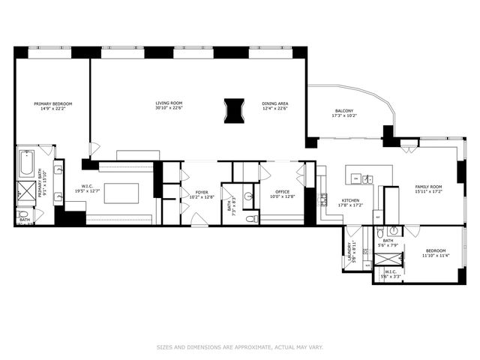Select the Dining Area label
(x=274, y=103)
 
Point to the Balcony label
(x=345, y=109)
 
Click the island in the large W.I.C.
(x=121, y=193)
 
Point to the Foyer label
(x=202, y=193)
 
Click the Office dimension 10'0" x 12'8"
(x=282, y=197)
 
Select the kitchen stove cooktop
(x=323, y=201)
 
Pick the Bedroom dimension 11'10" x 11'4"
(x=435, y=256)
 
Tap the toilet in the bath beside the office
(x=253, y=219)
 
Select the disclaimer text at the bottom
(x=239, y=347)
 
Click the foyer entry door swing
(x=199, y=219)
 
